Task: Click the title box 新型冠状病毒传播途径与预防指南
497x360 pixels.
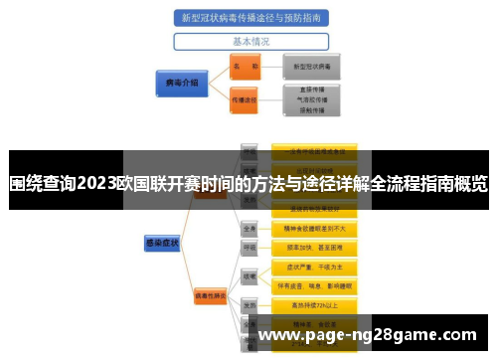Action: click(251, 18)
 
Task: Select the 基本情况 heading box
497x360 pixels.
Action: click(251, 42)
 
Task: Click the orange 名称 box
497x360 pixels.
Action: click(244, 66)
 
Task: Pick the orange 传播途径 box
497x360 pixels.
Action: click(244, 100)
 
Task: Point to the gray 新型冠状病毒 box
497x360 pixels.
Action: click(312, 66)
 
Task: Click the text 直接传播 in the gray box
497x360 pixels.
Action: click(313, 89)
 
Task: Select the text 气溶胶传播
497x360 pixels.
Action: click(313, 100)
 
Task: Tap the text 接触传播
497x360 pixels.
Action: click(313, 112)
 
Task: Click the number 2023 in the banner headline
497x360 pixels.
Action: click(95, 183)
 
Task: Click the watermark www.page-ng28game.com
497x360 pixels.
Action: click(367, 336)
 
